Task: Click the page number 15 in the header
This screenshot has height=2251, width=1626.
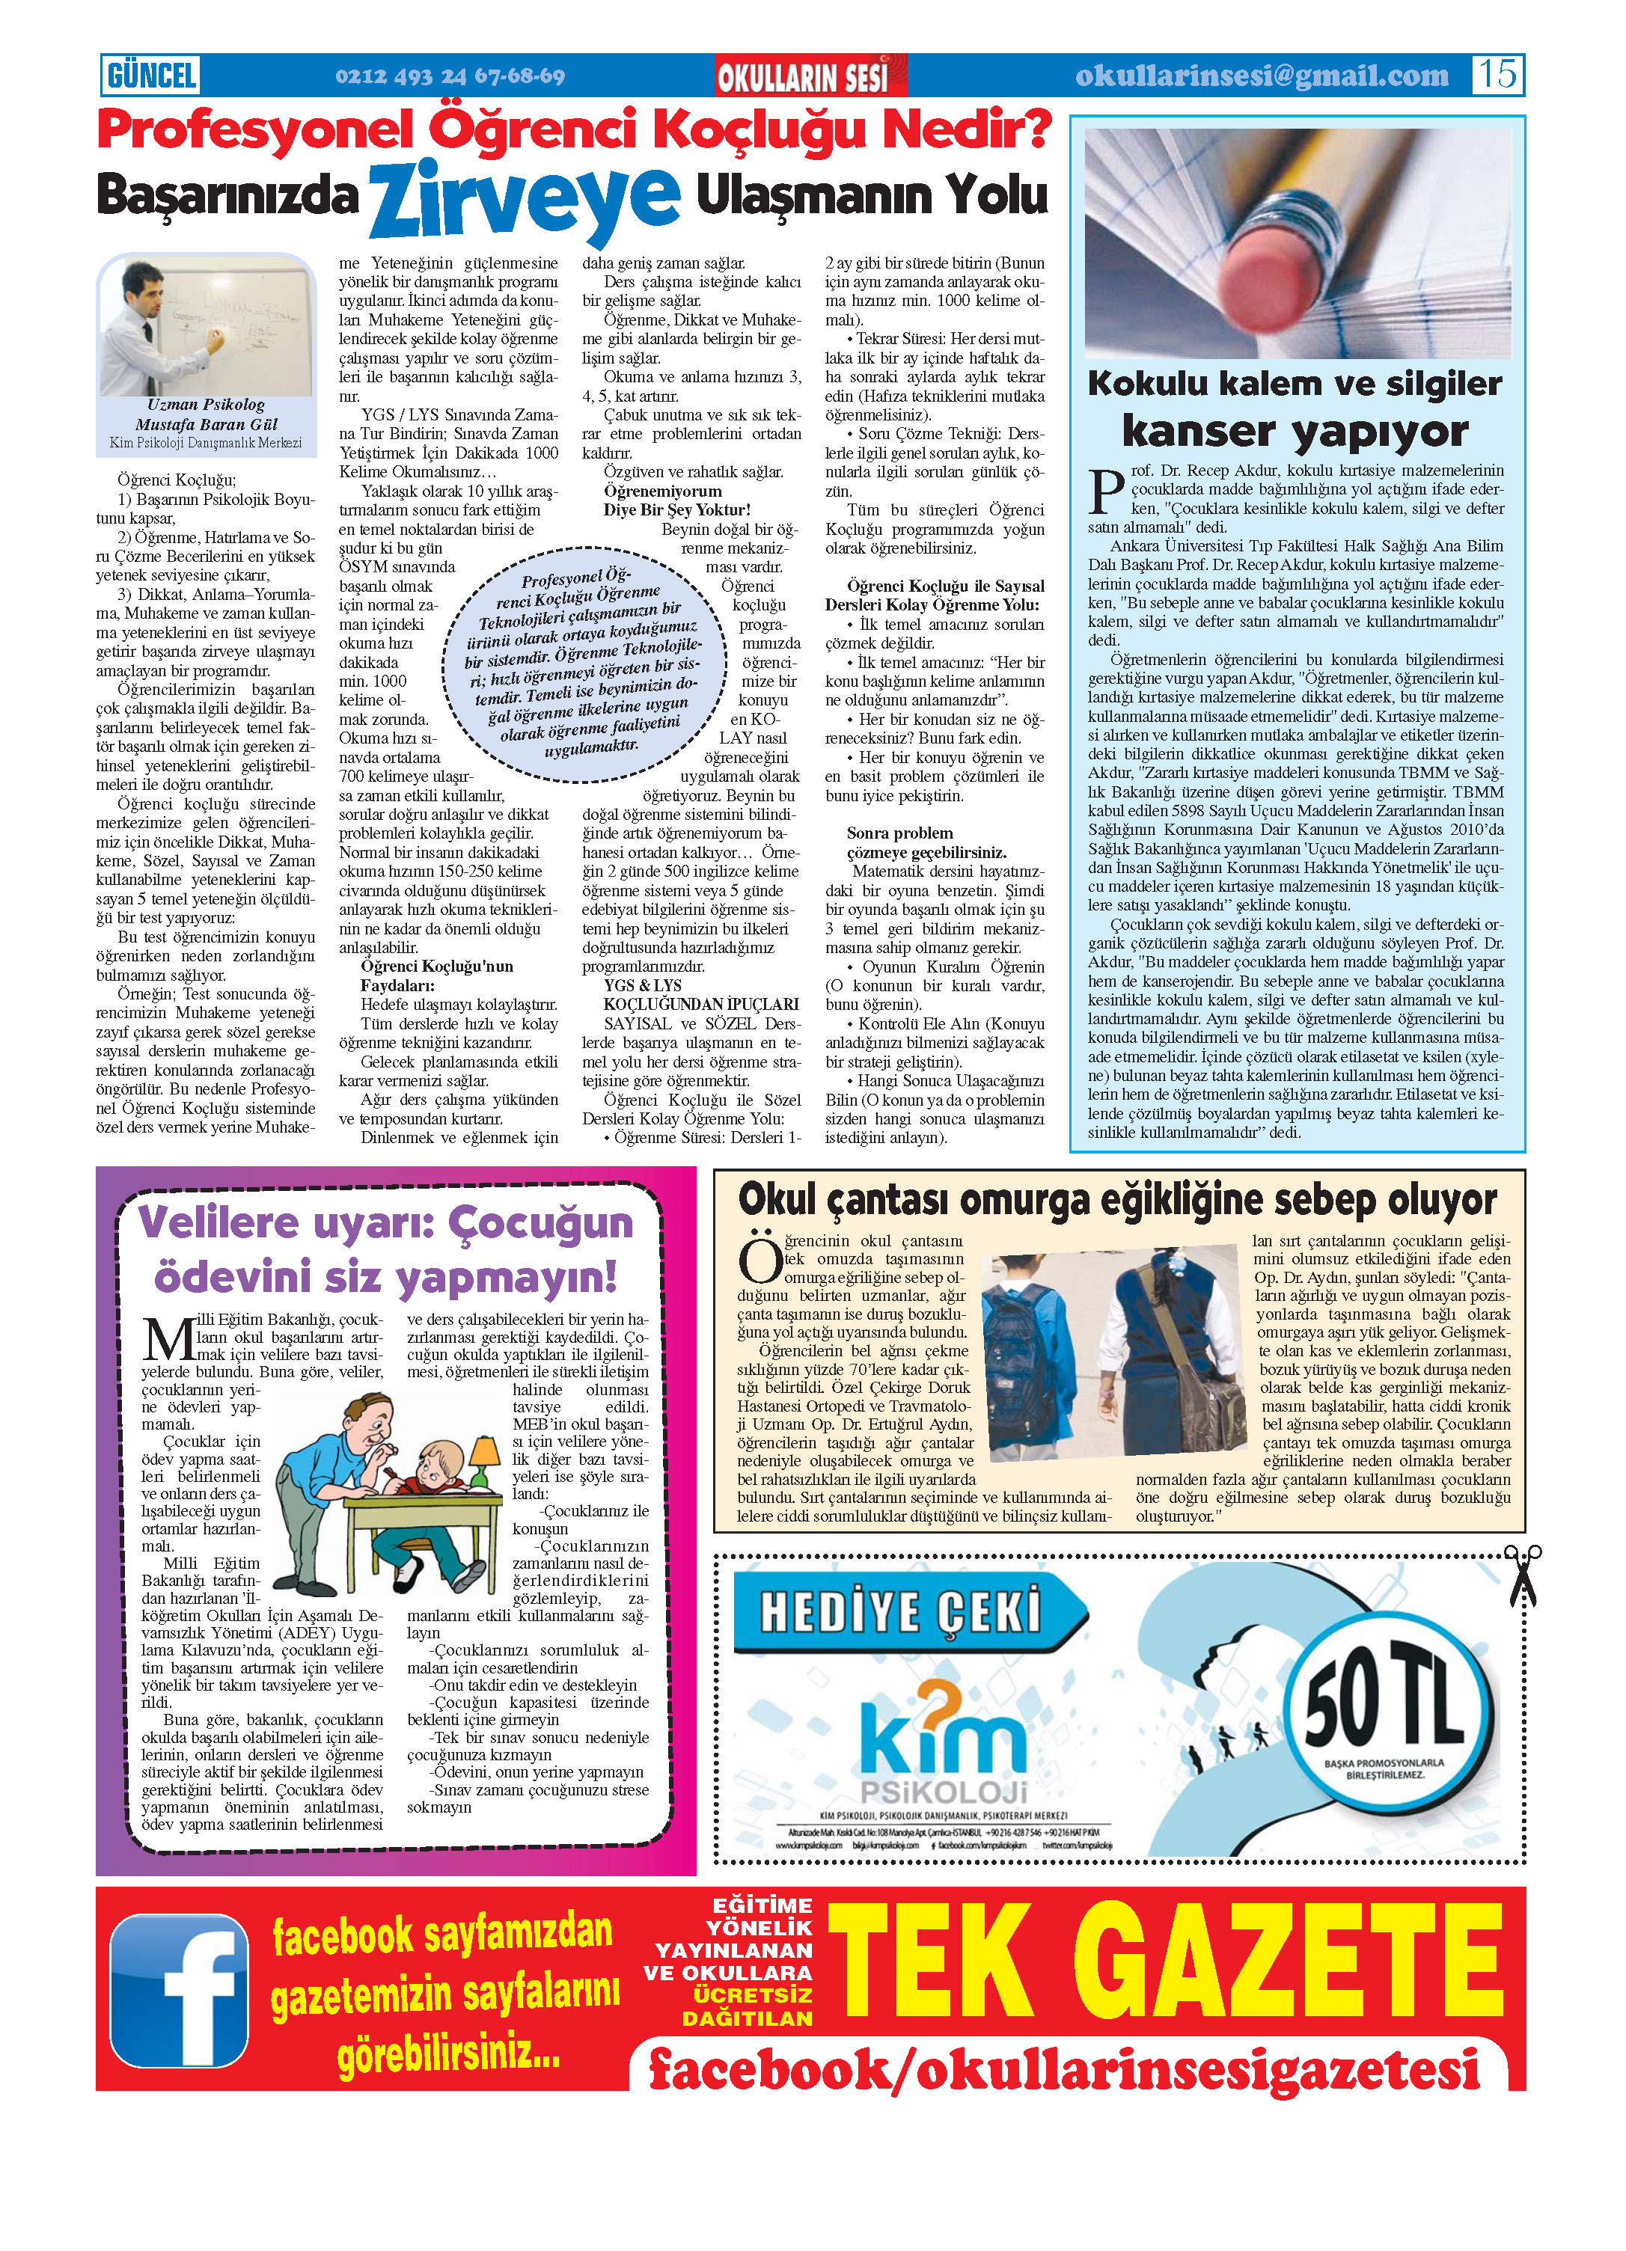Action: coord(1497,75)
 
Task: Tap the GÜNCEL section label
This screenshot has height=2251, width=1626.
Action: coord(152,76)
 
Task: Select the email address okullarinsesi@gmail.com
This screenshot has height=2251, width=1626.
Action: coord(1261,76)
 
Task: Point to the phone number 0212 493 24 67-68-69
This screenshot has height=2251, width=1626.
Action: coord(450,76)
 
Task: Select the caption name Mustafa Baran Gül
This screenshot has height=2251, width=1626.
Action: coord(207,424)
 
